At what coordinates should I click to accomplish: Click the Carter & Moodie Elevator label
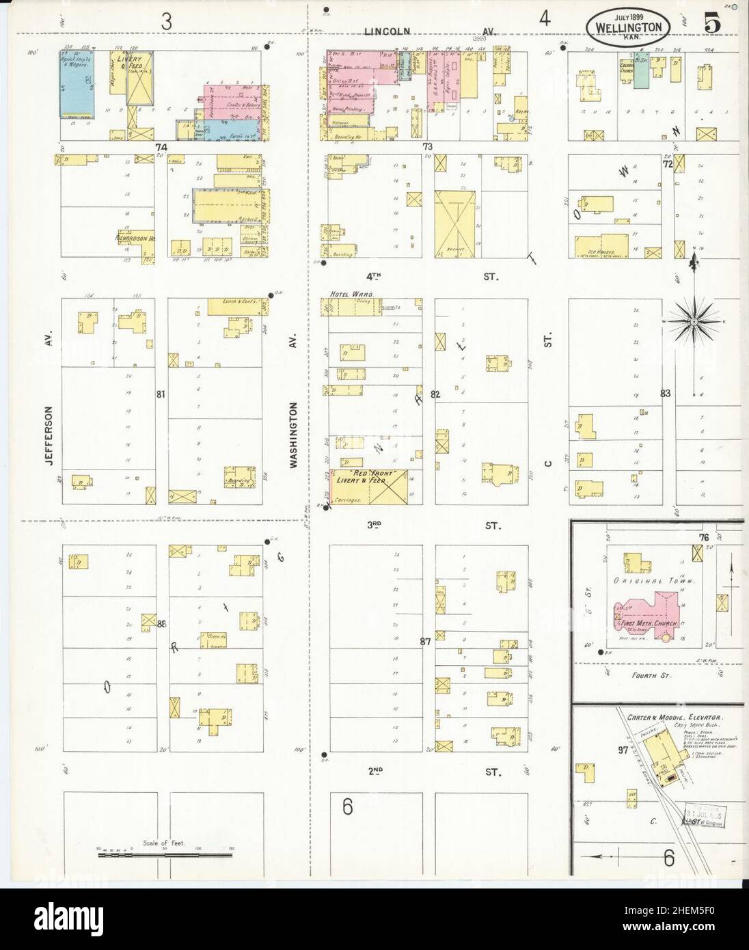[675, 717]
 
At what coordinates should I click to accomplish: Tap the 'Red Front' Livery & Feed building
[369, 487]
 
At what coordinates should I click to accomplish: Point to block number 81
[161, 394]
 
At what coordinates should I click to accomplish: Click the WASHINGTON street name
[293, 434]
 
